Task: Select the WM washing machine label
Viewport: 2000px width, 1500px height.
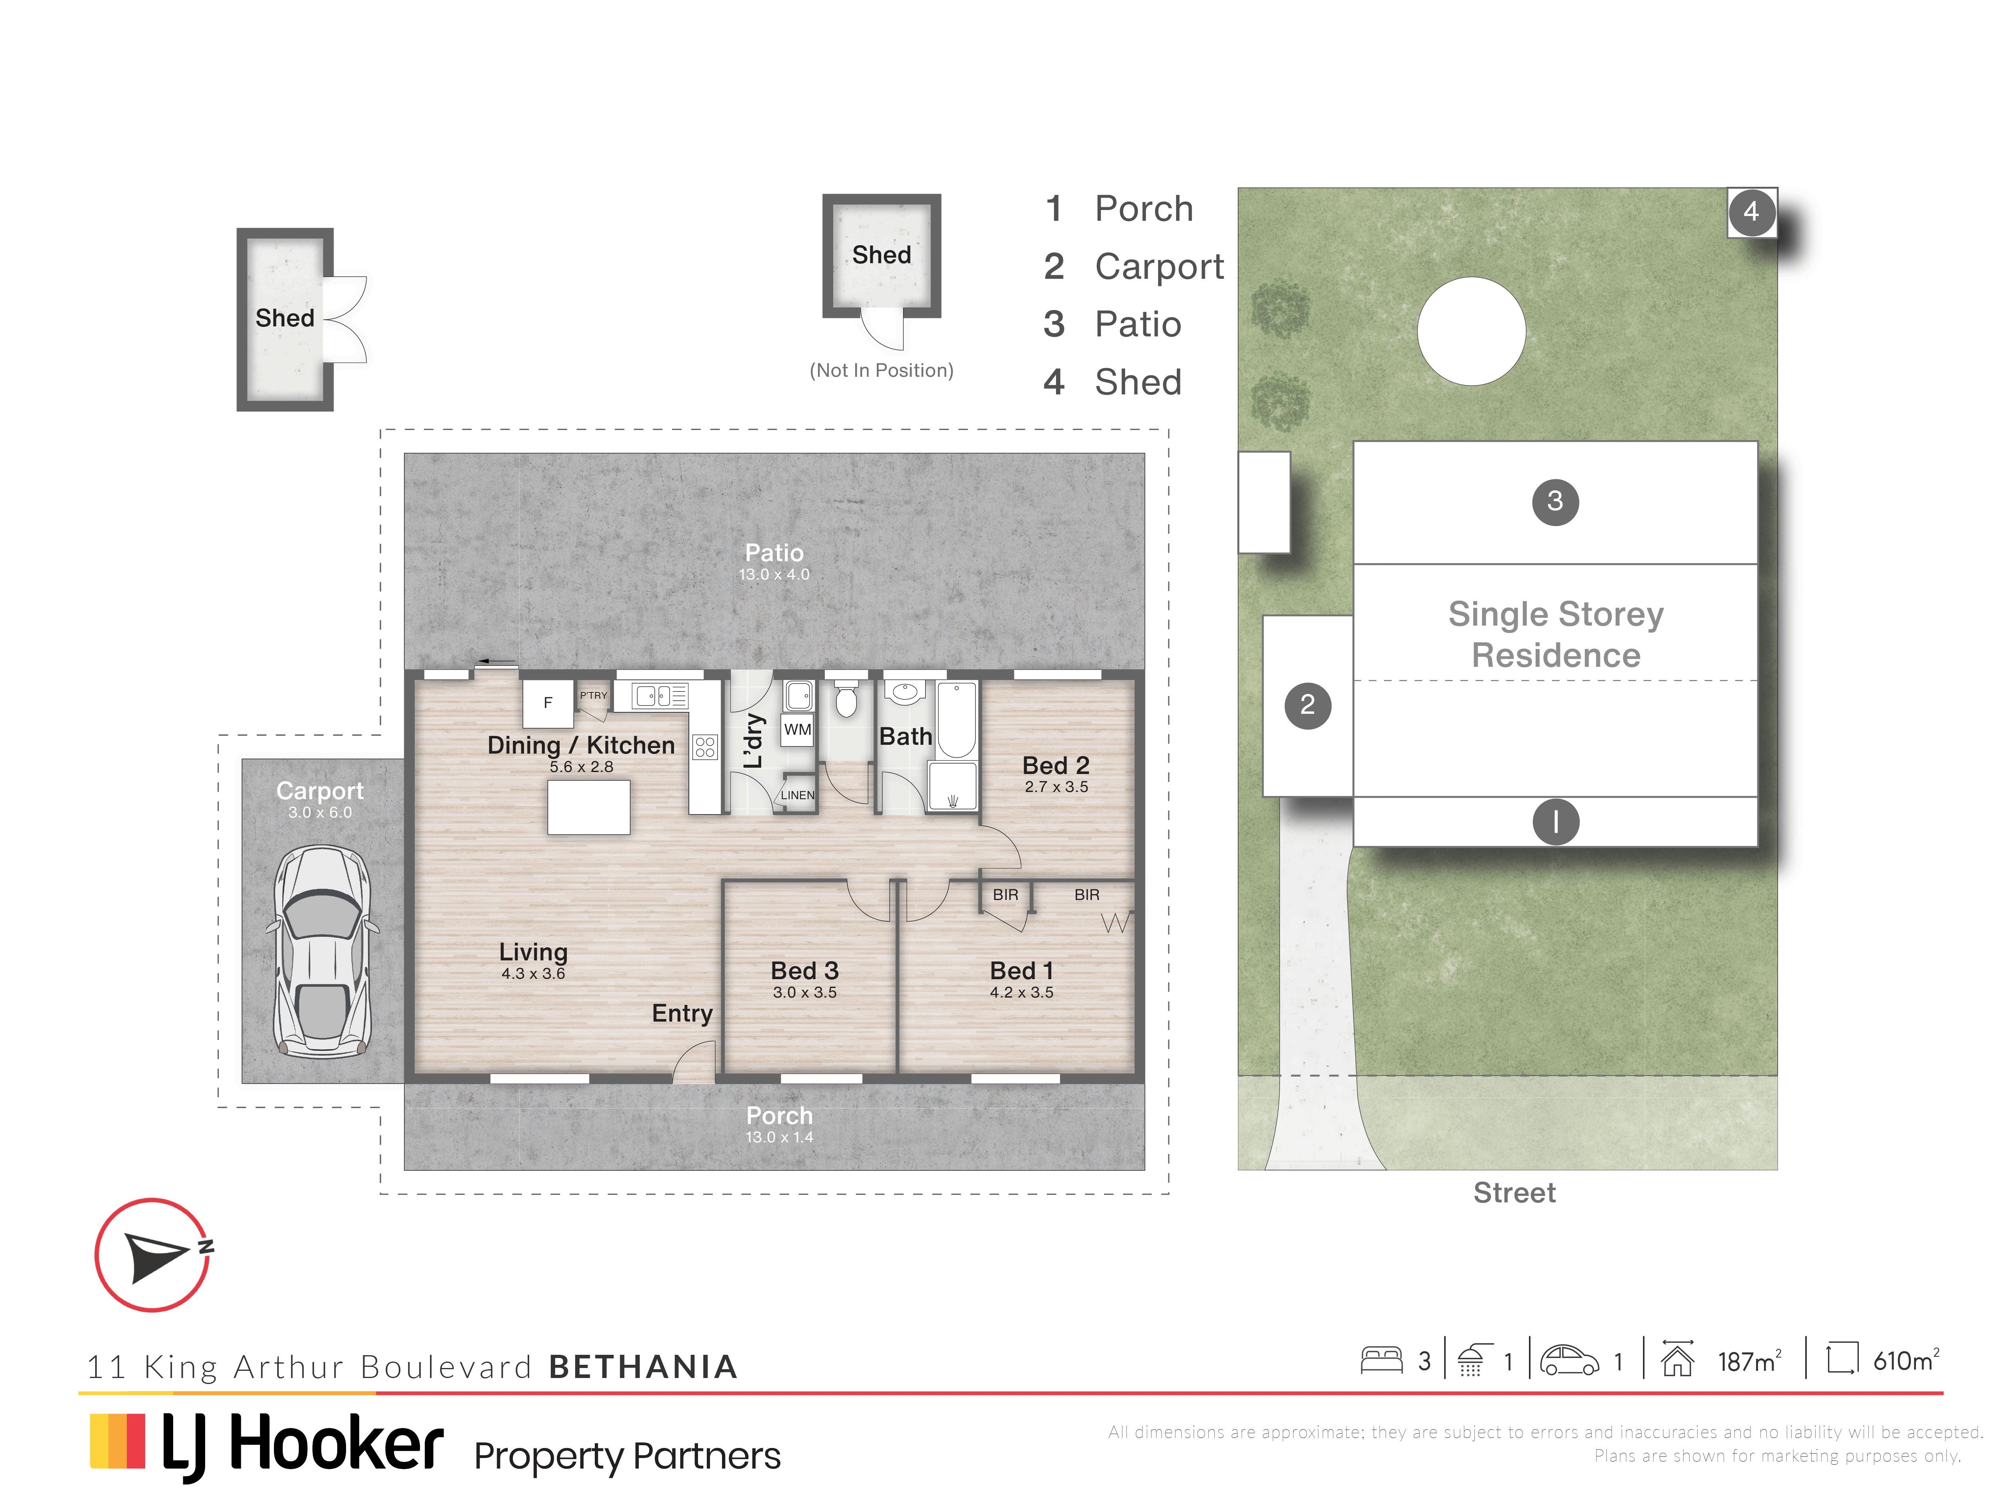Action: coord(798,730)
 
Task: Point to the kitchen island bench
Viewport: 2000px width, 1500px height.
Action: coord(589,806)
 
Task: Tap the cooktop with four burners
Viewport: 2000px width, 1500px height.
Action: coord(705,747)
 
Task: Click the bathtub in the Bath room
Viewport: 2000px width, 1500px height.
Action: coord(957,720)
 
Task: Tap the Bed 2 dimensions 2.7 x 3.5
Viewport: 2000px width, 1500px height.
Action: coord(1056,787)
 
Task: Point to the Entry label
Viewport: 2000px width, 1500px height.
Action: coord(683,1014)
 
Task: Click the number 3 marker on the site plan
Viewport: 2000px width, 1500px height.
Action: coord(1555,501)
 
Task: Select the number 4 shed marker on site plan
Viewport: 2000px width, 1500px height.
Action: coord(1751,212)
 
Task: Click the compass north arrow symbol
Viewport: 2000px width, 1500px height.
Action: coord(156,1256)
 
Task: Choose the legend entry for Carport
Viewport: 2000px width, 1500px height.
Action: coord(1134,267)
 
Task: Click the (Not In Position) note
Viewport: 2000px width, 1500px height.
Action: coord(882,370)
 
